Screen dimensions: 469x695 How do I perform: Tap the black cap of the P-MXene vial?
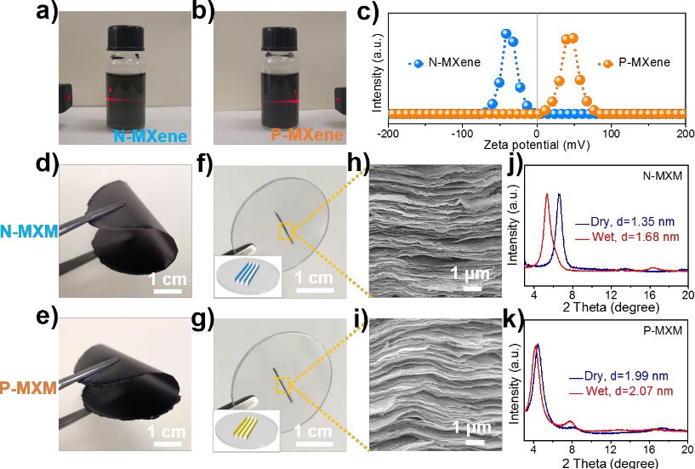[x=279, y=37]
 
